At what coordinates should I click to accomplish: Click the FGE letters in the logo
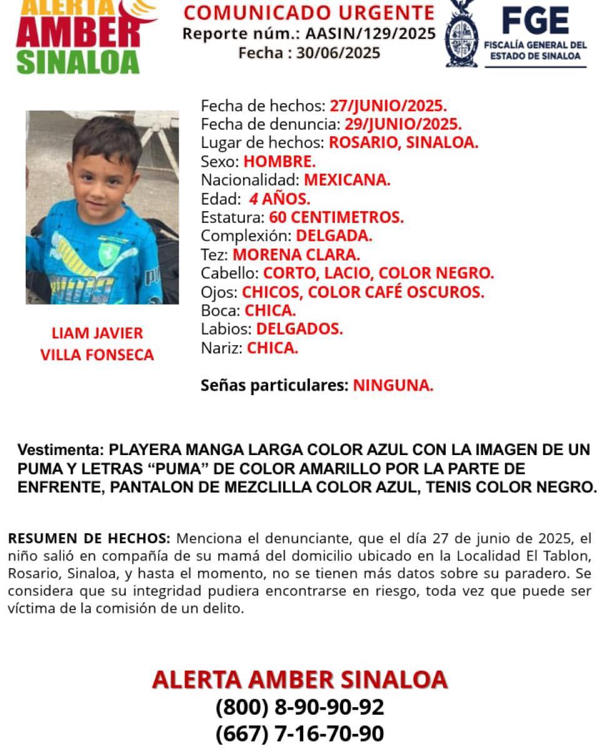[536, 21]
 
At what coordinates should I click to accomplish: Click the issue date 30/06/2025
[338, 53]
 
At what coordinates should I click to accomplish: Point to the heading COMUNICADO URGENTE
[309, 12]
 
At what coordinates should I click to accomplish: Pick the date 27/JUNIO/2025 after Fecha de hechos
[388, 105]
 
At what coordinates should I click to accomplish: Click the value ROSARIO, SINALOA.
[404, 142]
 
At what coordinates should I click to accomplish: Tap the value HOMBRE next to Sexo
[279, 162]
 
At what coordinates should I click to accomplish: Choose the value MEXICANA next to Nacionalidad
[347, 180]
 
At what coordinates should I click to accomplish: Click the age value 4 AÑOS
[279, 199]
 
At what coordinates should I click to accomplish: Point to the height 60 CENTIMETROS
[336, 218]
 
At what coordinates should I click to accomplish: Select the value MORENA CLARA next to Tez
[296, 255]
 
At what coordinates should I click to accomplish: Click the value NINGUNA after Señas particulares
[393, 386]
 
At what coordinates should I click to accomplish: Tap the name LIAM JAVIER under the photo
[97, 333]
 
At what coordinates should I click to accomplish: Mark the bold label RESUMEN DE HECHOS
[88, 539]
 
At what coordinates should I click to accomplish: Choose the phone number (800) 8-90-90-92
[299, 707]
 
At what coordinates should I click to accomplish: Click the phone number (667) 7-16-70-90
[299, 733]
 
